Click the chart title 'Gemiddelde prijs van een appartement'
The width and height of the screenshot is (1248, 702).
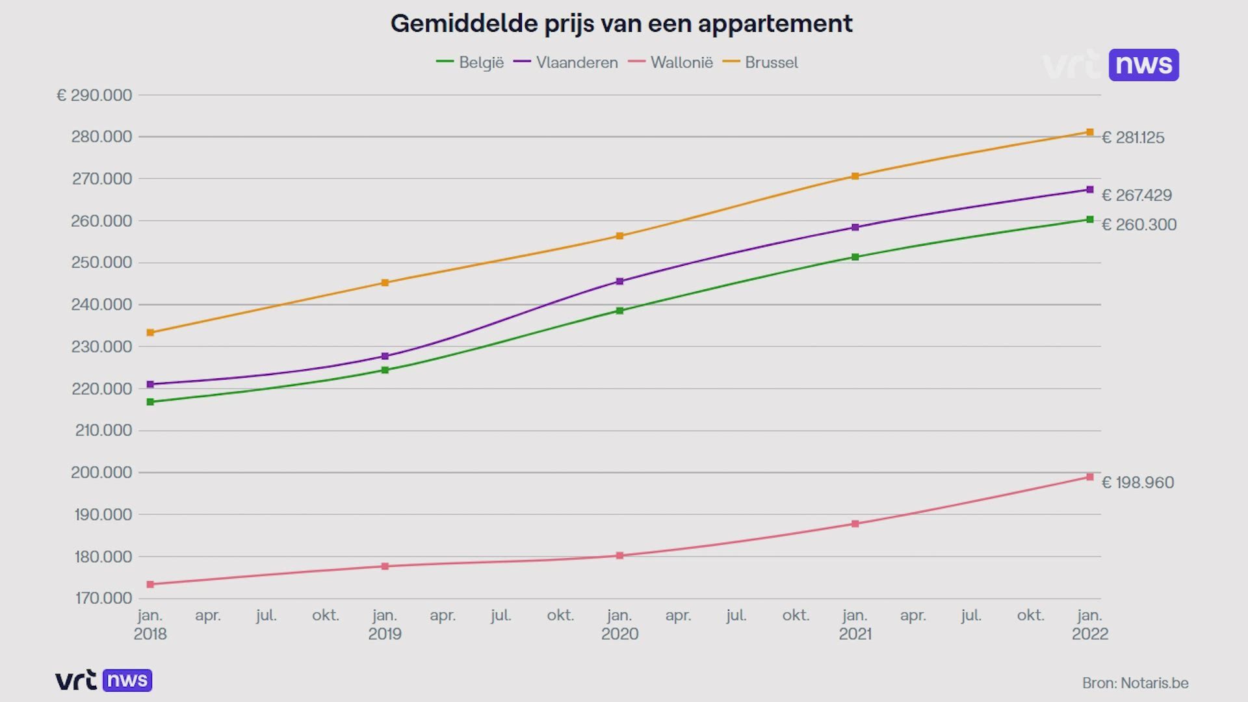tap(621, 24)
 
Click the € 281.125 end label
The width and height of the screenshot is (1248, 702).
tap(1133, 138)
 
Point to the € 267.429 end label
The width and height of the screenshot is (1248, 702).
tap(1137, 195)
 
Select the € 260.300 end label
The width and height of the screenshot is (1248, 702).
tap(1139, 225)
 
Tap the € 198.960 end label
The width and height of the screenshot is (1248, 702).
tap(1137, 482)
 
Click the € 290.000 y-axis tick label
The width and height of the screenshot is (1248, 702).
tap(94, 96)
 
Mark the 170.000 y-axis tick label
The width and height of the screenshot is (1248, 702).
tap(103, 598)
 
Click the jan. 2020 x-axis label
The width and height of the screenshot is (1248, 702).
tap(619, 624)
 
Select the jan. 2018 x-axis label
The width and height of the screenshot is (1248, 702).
tap(150, 624)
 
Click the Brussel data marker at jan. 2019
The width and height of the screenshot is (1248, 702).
tap(385, 283)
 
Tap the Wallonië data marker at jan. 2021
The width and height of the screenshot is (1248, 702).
tap(855, 524)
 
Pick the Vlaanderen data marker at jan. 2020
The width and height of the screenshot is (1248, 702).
tap(619, 281)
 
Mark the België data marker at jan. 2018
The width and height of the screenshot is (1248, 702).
tap(150, 402)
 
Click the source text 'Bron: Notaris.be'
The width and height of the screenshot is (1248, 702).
tap(1135, 683)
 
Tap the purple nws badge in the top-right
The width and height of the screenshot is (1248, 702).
tap(1143, 65)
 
